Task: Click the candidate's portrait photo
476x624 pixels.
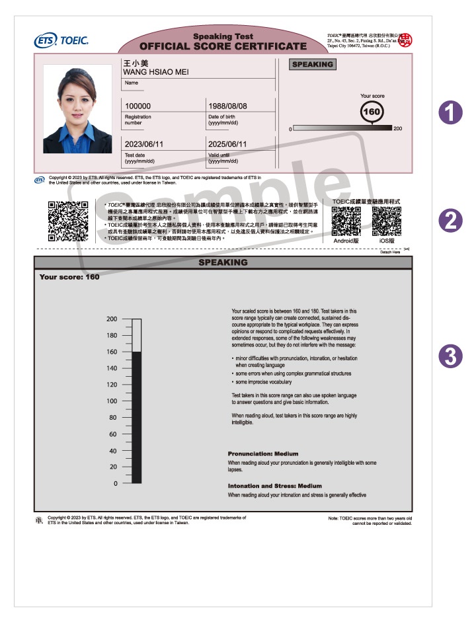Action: tap(77, 108)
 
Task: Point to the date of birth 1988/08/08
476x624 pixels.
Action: tap(227, 106)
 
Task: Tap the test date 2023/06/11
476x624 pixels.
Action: tap(143, 144)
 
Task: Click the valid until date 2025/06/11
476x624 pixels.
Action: tap(227, 144)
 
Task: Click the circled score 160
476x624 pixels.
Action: tap(372, 112)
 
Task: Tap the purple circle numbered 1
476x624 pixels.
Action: tap(450, 112)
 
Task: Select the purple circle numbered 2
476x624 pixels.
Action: tap(450, 221)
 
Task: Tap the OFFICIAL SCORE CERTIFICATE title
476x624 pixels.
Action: tap(223, 46)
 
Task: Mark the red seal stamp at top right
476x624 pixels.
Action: tap(404, 40)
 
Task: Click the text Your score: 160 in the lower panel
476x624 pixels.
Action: tap(69, 277)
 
